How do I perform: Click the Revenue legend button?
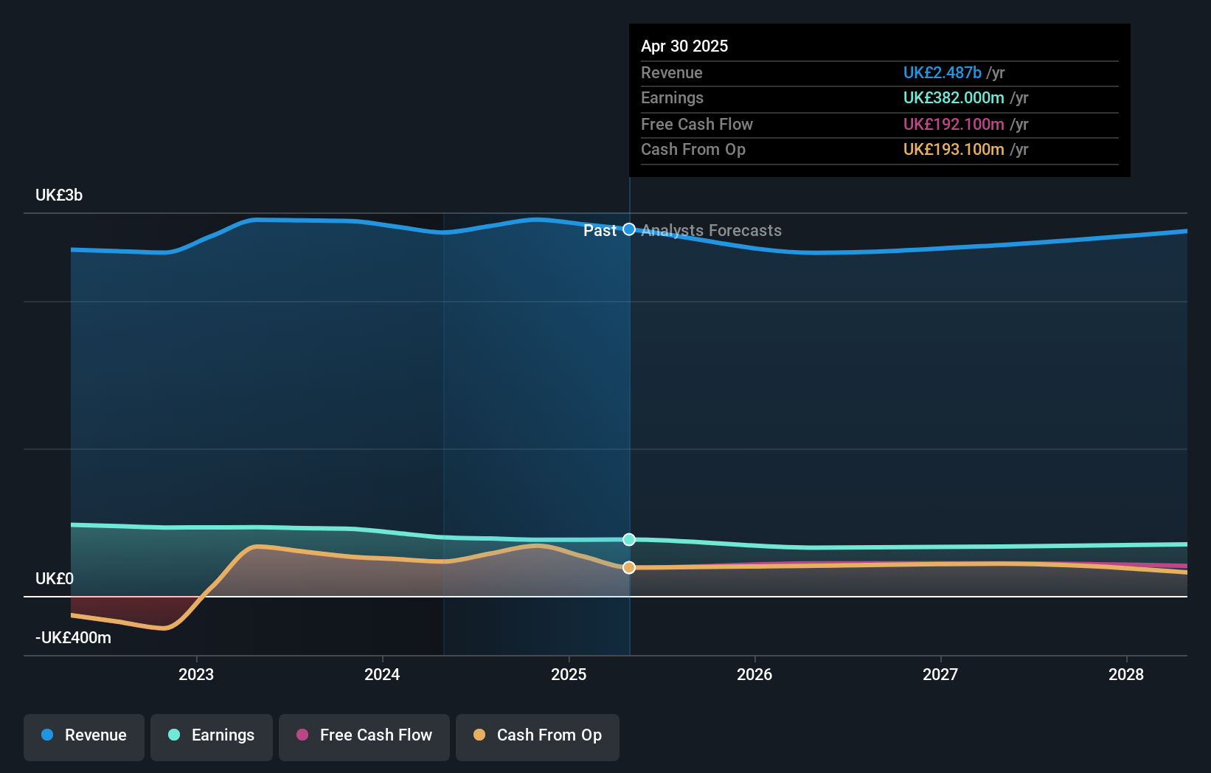(x=84, y=736)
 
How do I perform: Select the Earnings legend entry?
(x=212, y=736)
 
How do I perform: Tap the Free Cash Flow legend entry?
(x=364, y=736)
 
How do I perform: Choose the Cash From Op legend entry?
(x=538, y=736)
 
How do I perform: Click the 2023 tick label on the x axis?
(x=196, y=675)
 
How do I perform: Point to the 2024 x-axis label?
(x=382, y=675)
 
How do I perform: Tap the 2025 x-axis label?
(x=569, y=675)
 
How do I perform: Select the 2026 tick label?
(x=754, y=675)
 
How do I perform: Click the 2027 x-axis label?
(x=940, y=675)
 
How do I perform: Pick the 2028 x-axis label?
(x=1126, y=675)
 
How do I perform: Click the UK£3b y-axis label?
(x=59, y=195)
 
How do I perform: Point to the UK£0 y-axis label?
(x=55, y=579)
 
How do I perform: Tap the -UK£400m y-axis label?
(x=73, y=638)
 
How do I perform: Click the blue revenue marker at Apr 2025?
(x=629, y=229)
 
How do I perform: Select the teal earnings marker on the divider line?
(x=629, y=540)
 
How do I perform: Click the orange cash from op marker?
(x=629, y=567)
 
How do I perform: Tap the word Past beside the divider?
(x=600, y=231)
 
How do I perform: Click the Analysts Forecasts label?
(x=712, y=231)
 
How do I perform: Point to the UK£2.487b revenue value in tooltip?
(x=942, y=73)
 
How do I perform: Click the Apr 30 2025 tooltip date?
(x=684, y=46)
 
